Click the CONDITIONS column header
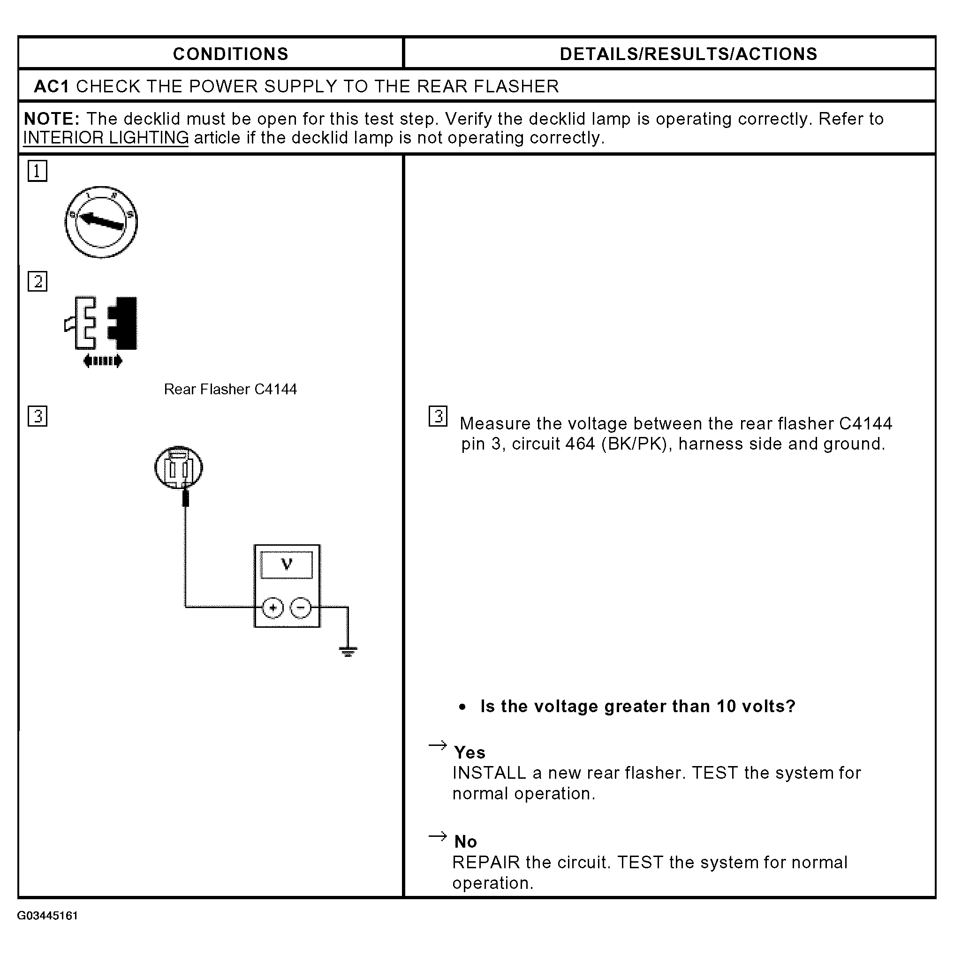coord(230,54)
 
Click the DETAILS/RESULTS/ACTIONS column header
coord(689,54)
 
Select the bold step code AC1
coord(52,87)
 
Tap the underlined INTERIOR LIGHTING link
coord(106,137)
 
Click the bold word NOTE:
coord(52,119)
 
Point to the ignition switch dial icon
coord(101,222)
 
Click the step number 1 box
coord(37,171)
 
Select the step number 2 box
coord(37,281)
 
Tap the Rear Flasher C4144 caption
coord(230,390)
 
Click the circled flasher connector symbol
coord(179,467)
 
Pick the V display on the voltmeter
coord(287,564)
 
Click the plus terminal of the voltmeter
coord(273,608)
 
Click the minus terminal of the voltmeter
coord(301,608)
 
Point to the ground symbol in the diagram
coord(348,651)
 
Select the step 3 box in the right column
coord(438,416)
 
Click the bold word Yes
coord(470,753)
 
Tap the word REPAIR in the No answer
coord(486,863)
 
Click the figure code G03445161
coord(47,916)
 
